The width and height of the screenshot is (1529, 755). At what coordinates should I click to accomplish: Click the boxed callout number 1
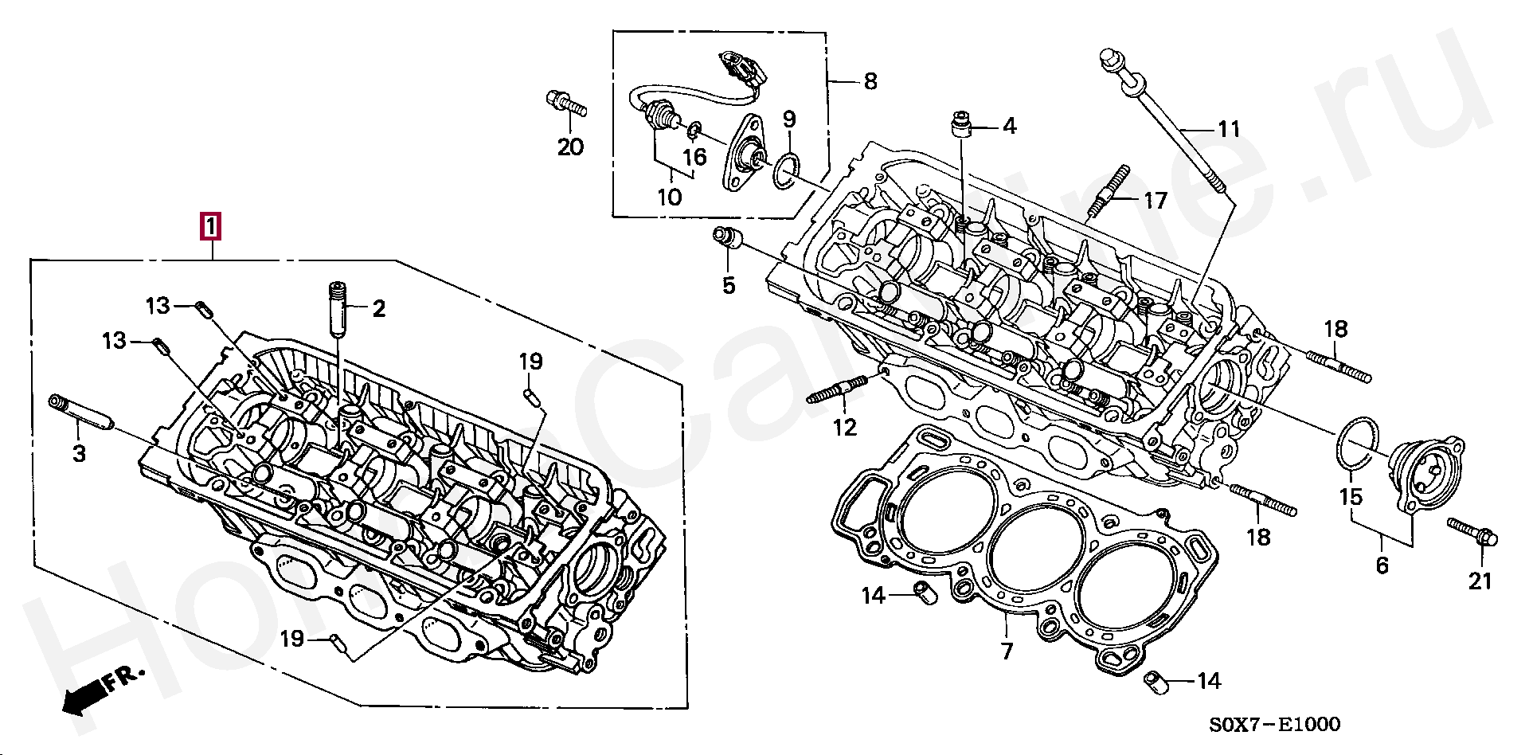[209, 227]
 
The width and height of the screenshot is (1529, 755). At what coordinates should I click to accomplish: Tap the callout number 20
[570, 147]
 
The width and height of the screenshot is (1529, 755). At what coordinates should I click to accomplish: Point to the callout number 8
[870, 81]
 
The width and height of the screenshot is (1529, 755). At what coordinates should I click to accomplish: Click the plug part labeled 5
[727, 237]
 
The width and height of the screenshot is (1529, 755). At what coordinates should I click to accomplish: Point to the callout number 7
[1007, 651]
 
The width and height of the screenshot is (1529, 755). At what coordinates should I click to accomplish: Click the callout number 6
[1382, 565]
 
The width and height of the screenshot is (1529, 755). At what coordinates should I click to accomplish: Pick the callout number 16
[695, 157]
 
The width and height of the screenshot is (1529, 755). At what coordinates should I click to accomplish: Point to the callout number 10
[670, 196]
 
